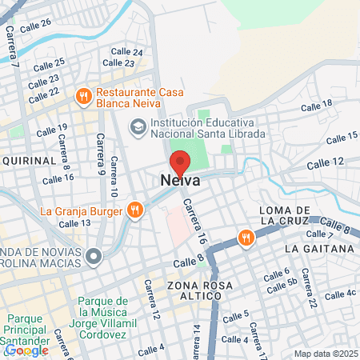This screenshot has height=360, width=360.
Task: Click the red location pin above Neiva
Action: pyautogui.click(x=180, y=162)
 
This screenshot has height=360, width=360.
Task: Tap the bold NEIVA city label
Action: pyautogui.click(x=180, y=182)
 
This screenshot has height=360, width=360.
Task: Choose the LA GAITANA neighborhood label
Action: pyautogui.click(x=318, y=249)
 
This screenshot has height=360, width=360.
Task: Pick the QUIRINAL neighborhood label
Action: pyautogui.click(x=29, y=160)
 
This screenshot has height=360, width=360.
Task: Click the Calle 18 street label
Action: pyautogui.click(x=316, y=105)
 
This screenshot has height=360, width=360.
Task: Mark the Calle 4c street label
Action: pyautogui.click(x=339, y=293)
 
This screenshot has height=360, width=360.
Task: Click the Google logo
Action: pyautogui.click(x=26, y=350)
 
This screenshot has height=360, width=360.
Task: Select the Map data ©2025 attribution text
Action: pyautogui.click(x=324, y=353)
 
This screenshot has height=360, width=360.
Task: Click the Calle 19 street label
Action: pyautogui.click(x=52, y=128)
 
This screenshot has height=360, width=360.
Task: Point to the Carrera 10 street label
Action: pyautogui.click(x=114, y=184)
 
